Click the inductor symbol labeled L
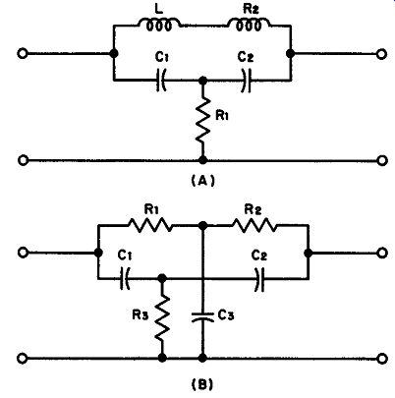click(159, 25)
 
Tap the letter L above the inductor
click(159, 9)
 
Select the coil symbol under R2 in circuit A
click(249, 25)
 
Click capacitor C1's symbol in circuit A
click(161, 80)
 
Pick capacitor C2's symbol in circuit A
click(247, 81)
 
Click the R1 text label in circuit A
click(222, 115)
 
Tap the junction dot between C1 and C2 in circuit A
click(203, 80)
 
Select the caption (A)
click(203, 181)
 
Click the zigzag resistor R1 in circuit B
click(149, 225)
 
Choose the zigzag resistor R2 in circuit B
click(254, 225)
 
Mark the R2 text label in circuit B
click(254, 209)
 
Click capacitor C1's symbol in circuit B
click(125, 279)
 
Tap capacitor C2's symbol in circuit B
click(259, 279)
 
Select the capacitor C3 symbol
click(203, 316)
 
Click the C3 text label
click(226, 315)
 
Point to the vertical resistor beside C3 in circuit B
click(162, 317)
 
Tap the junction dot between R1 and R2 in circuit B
click(203, 225)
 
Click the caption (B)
click(203, 384)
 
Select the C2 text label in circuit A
click(246, 57)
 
